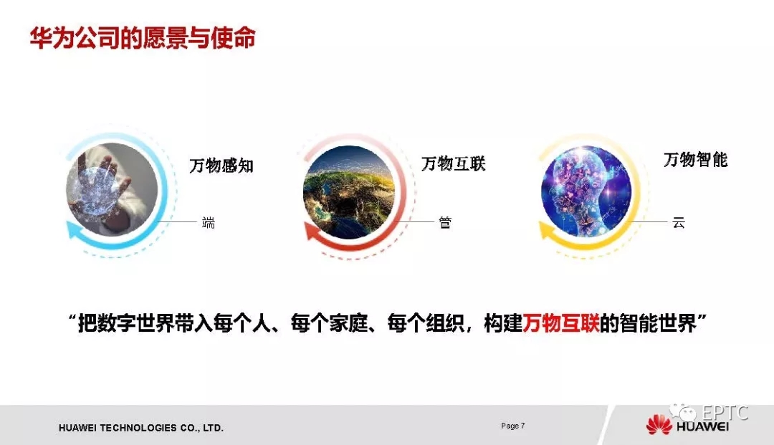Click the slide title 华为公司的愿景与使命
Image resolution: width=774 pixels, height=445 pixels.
point(143,38)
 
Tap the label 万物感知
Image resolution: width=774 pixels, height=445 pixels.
point(221,166)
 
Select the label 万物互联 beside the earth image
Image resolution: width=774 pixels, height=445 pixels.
point(453,164)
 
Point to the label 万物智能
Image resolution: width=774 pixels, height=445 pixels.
point(695,159)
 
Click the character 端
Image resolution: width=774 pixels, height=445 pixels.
point(209,222)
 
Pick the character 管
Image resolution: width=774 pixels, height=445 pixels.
point(445,222)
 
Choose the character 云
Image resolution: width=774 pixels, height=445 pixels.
point(679,222)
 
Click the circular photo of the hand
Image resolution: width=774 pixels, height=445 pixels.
point(112,190)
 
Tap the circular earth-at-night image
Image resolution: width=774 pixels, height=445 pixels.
point(349,193)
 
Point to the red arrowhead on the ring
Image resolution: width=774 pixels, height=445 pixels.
point(312,231)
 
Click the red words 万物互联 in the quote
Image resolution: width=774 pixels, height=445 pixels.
point(560,324)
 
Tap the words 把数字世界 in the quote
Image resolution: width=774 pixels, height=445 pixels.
point(126,324)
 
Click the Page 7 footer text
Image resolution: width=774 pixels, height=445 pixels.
point(513,426)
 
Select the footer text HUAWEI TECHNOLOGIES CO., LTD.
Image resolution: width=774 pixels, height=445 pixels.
point(141,428)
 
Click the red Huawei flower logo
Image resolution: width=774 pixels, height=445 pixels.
point(659,424)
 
